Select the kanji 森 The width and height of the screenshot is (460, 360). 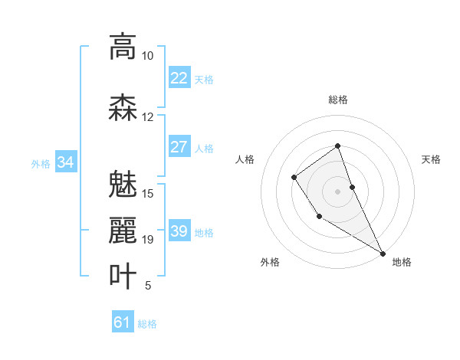pos(123,108)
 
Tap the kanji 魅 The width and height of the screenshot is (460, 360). pos(123,184)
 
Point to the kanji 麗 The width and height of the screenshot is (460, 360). pos(123,230)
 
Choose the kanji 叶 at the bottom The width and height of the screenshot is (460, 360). pos(123,275)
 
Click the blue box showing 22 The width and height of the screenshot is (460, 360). pos(179,77)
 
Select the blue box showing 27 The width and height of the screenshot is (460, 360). pos(179,147)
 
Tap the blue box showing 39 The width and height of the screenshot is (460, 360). pos(179,231)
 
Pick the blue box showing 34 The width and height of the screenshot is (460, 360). pos(66,162)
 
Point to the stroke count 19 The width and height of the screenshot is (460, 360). pos(147,240)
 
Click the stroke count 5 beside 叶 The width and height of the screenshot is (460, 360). pos(147,286)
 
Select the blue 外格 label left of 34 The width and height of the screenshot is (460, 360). pos(41,163)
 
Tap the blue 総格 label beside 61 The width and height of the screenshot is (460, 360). pos(147,323)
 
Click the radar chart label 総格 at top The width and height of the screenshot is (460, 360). pos(337,100)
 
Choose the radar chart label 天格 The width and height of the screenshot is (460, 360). pos(431,159)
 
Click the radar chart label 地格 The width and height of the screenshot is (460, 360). pos(402,262)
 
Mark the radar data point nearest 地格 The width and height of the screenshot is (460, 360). pos(383,253)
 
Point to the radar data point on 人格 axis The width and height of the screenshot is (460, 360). pos(294,178)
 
